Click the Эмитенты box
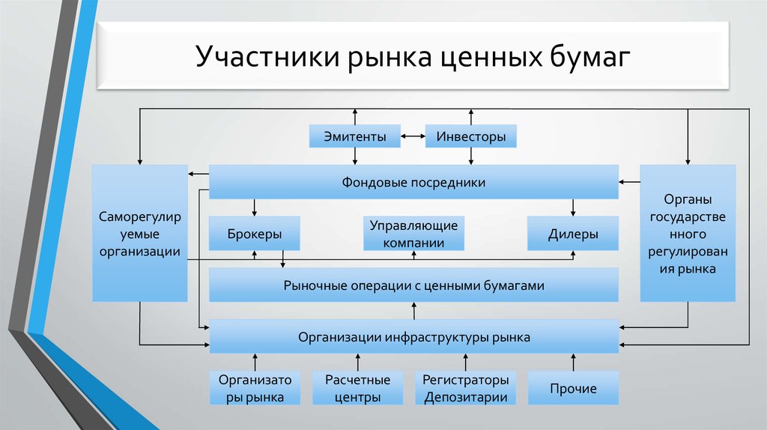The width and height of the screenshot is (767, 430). tap(355, 136)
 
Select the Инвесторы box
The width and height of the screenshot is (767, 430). tap(471, 136)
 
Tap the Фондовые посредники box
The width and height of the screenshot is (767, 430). tap(413, 182)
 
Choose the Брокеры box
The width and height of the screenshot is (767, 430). tap(255, 234)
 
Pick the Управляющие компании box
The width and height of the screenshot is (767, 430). tap(413, 234)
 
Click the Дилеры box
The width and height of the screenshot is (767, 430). tap(573, 234)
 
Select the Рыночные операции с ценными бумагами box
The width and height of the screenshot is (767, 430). tap(413, 285)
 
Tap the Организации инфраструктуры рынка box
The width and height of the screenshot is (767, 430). tap(413, 337)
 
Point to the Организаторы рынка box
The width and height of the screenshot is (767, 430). tap(255, 388)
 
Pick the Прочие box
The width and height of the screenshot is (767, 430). tap(573, 388)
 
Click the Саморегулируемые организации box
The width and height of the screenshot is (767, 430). tap(140, 234)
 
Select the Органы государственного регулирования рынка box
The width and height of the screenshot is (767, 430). tap(688, 234)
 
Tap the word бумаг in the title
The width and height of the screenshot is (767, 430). tap(590, 58)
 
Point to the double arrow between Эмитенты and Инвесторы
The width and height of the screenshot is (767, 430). tap(413, 136)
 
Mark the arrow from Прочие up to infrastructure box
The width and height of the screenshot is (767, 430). tap(573, 362)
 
